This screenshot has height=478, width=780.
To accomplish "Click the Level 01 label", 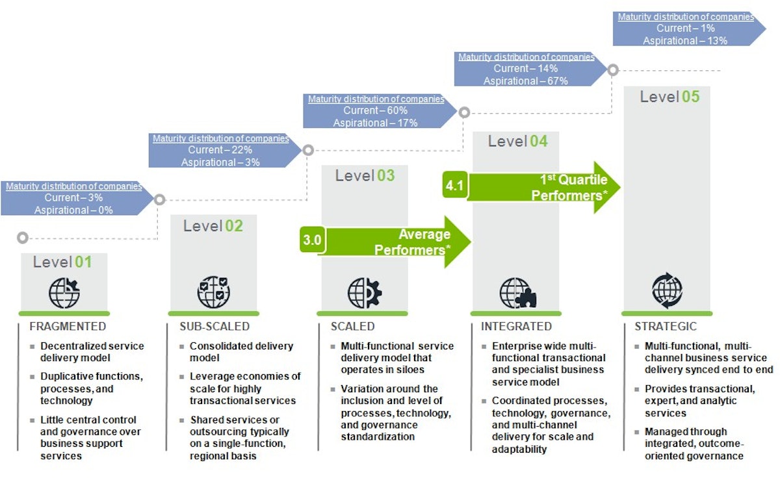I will pyautogui.click(x=63, y=262).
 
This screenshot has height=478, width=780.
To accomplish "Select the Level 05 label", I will pyautogui.click(x=669, y=97).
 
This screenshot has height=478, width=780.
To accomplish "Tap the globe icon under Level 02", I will pyautogui.click(x=213, y=292).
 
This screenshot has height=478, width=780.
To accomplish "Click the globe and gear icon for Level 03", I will pyautogui.click(x=365, y=293).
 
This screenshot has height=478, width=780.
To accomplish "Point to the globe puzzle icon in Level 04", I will pyautogui.click(x=517, y=293).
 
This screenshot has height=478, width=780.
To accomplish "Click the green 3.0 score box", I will pyautogui.click(x=312, y=240).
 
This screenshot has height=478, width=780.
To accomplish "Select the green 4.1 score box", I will pyautogui.click(x=454, y=186).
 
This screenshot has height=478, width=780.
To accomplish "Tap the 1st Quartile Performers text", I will pyautogui.click(x=569, y=187).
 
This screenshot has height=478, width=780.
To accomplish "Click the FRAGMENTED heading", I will pyautogui.click(x=68, y=327).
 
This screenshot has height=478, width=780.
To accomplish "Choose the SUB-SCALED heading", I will pyautogui.click(x=214, y=327).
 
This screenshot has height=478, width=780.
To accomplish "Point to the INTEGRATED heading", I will pyautogui.click(x=516, y=327).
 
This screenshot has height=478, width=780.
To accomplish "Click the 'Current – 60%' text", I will pyautogui.click(x=376, y=111).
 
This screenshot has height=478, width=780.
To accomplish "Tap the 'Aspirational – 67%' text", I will pyautogui.click(x=525, y=81).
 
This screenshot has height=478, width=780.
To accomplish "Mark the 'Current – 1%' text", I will pyautogui.click(x=685, y=29).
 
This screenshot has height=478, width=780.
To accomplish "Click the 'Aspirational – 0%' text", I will pyautogui.click(x=73, y=210).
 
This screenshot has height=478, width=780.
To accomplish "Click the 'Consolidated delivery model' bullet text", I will pyautogui.click(x=241, y=352).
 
